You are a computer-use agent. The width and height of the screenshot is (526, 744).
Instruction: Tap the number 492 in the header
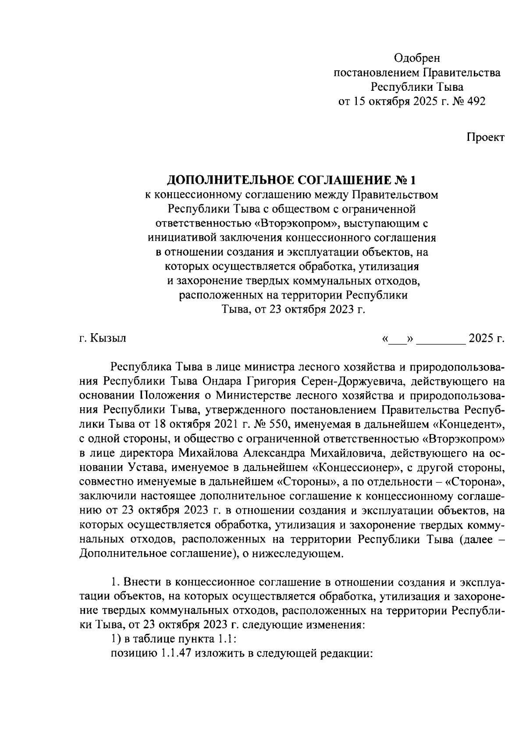point(475,102)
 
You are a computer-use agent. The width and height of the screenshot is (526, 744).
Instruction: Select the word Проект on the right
point(485,137)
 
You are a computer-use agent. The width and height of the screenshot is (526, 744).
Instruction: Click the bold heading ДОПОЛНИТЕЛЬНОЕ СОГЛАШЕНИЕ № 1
point(291,180)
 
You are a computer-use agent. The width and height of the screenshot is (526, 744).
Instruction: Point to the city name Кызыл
point(109,338)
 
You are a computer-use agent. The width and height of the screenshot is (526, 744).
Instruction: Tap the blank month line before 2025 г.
point(441,339)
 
